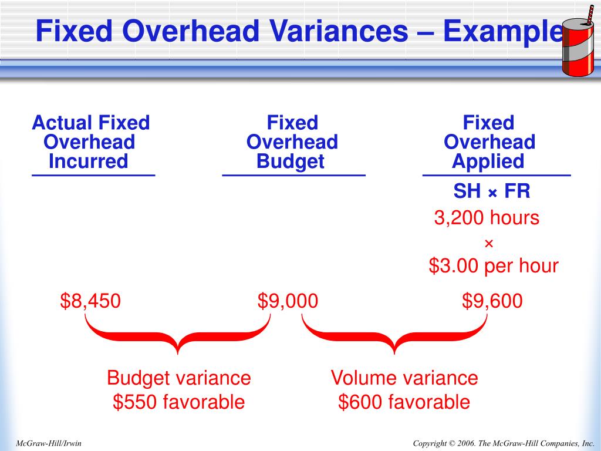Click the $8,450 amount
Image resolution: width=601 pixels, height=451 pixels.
click(90, 301)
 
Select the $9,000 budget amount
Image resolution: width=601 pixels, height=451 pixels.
click(288, 301)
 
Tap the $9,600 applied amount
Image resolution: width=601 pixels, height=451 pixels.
click(492, 301)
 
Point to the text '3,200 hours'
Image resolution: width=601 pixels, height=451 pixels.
click(487, 218)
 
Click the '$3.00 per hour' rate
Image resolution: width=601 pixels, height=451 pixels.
click(493, 266)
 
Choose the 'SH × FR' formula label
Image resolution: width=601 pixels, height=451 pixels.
click(492, 191)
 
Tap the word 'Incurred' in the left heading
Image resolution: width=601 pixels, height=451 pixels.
click(88, 161)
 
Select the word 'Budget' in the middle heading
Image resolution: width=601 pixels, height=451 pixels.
click(291, 161)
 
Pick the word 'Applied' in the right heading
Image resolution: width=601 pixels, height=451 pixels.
click(488, 161)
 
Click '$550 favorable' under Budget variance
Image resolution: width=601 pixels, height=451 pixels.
click(178, 402)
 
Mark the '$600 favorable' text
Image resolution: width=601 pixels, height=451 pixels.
click(404, 402)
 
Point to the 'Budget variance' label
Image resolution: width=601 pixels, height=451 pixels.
click(178, 378)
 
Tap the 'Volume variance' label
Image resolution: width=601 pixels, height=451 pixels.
click(404, 378)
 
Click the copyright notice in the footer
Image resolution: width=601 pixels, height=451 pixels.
click(504, 443)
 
